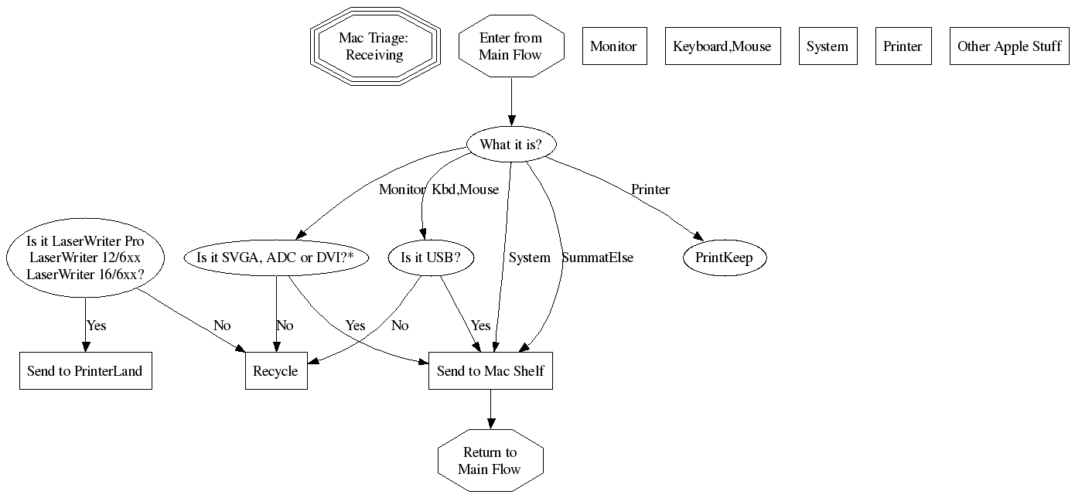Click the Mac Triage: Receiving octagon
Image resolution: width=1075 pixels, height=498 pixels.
click(x=375, y=46)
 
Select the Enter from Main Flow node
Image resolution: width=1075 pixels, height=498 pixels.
click(x=510, y=46)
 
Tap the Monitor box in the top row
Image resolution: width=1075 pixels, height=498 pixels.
click(x=613, y=46)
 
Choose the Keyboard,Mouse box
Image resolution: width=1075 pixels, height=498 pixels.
click(x=722, y=46)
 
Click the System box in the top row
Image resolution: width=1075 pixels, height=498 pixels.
click(x=828, y=46)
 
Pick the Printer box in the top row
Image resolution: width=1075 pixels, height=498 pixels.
click(x=903, y=46)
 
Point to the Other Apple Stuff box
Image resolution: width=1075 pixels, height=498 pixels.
click(x=1009, y=46)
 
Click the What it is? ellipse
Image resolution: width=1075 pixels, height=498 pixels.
click(x=510, y=145)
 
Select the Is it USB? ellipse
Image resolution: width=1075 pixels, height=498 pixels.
click(x=425, y=258)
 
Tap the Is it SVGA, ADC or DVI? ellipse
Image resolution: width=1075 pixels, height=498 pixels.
click(x=276, y=258)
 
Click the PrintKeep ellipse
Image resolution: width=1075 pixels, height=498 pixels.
click(x=724, y=258)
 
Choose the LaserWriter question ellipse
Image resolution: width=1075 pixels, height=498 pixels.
click(x=85, y=258)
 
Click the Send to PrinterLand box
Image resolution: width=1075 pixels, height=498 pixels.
click(x=85, y=371)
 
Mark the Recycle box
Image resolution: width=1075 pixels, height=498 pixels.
click(x=275, y=371)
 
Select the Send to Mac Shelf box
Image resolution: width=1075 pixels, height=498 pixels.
click(x=490, y=371)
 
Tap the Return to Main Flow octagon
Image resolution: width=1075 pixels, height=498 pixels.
click(x=490, y=461)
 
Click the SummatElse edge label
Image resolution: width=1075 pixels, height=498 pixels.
click(x=598, y=258)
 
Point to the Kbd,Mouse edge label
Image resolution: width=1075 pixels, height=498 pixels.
click(x=465, y=189)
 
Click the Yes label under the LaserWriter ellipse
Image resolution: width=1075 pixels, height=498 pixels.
click(x=97, y=326)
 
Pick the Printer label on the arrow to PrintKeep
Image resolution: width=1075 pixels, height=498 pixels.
click(x=650, y=189)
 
